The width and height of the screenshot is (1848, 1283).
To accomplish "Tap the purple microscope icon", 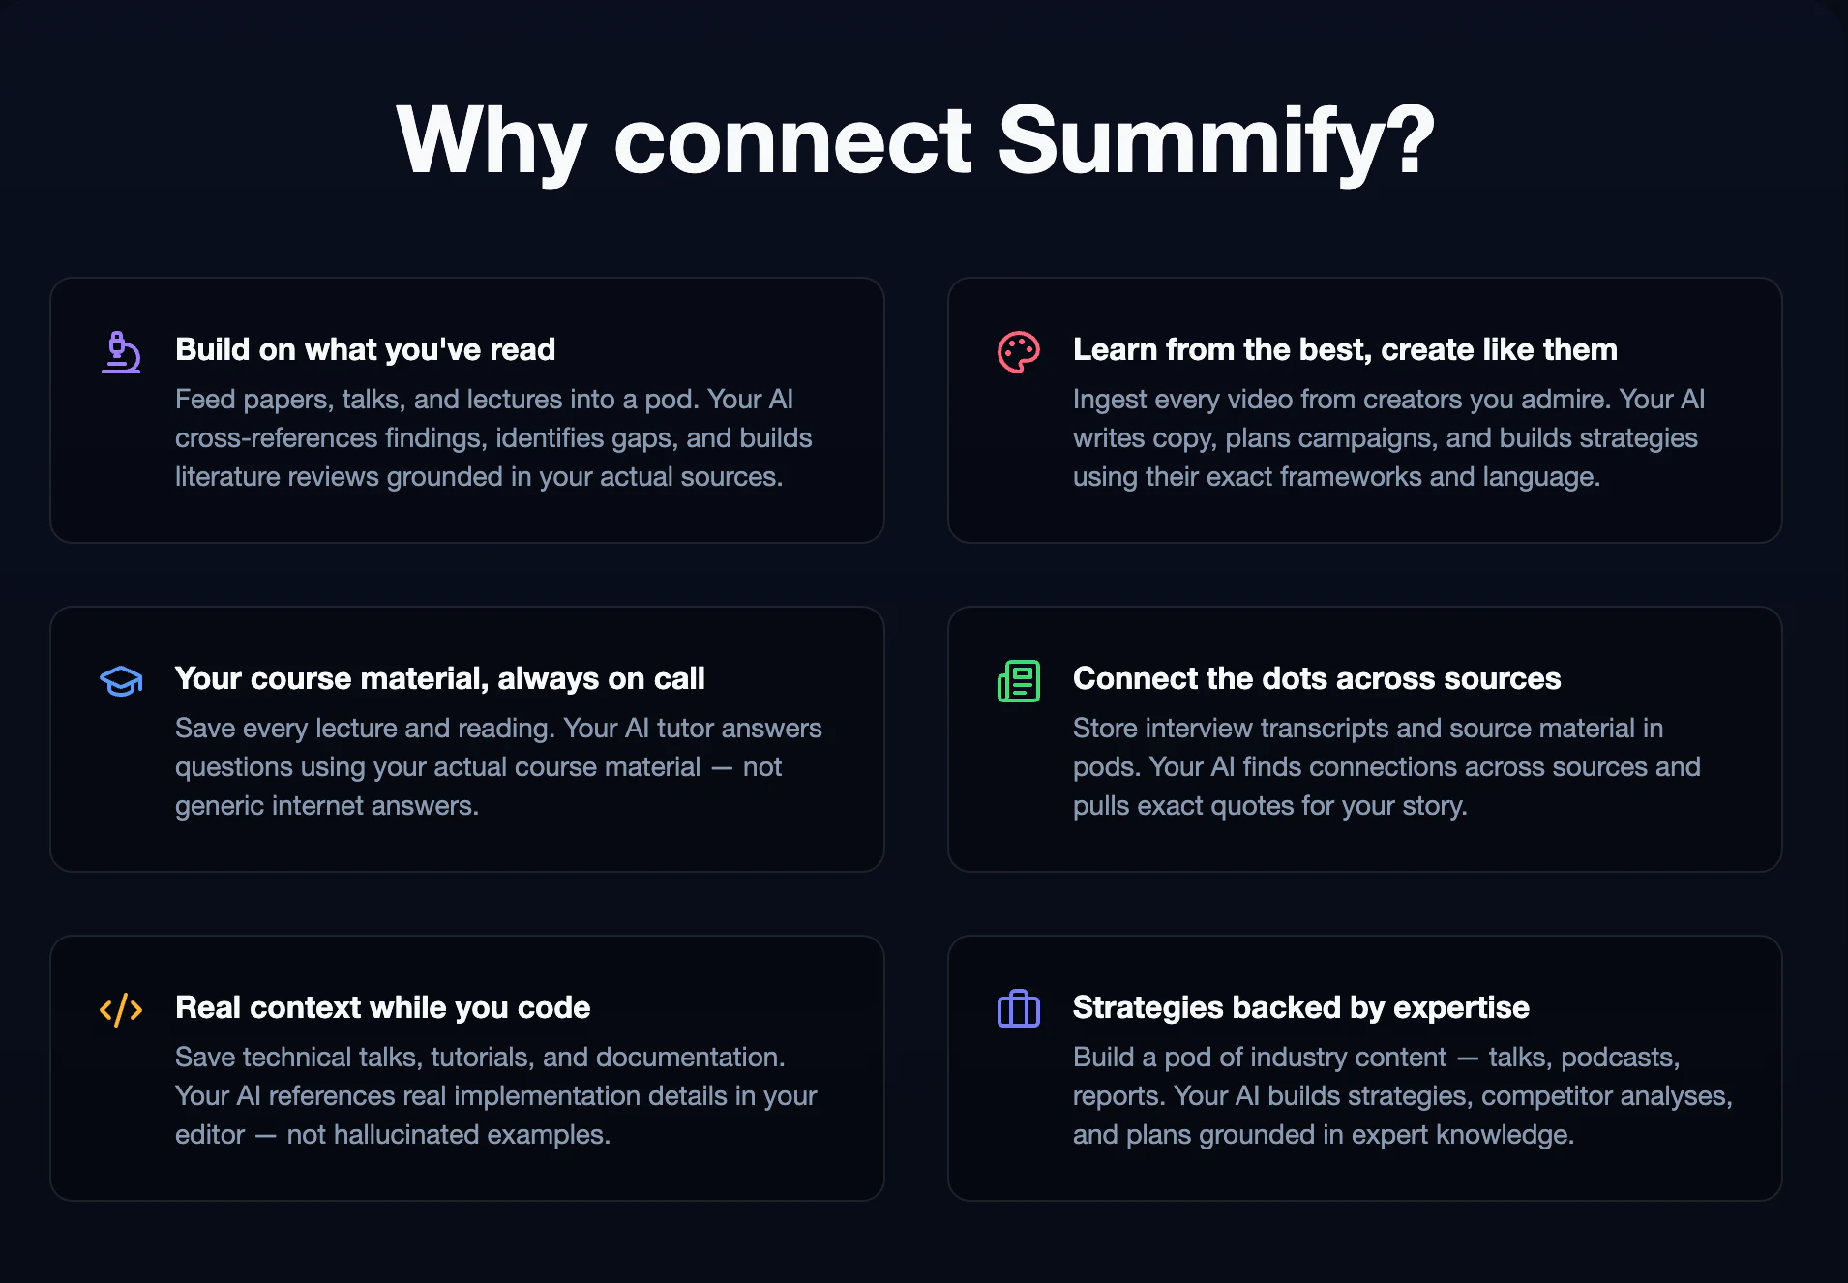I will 121,352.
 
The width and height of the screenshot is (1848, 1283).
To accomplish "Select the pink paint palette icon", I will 1018,352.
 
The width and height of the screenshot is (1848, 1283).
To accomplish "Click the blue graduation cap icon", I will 121,681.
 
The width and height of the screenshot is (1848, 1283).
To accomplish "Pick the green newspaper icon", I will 1018,681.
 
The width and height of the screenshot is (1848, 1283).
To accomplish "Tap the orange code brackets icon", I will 121,1010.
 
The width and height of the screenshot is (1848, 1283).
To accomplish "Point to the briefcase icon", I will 1018,1010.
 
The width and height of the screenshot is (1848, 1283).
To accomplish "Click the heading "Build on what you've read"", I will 365,349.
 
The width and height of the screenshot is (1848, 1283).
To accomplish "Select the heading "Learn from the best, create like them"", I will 1345,349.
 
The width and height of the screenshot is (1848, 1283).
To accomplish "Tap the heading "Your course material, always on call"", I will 439,678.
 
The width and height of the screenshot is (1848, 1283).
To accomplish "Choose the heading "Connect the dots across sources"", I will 1316,678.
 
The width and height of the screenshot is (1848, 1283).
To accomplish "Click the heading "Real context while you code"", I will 382,1007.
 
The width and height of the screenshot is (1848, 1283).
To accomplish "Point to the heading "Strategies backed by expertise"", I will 1300,1007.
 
